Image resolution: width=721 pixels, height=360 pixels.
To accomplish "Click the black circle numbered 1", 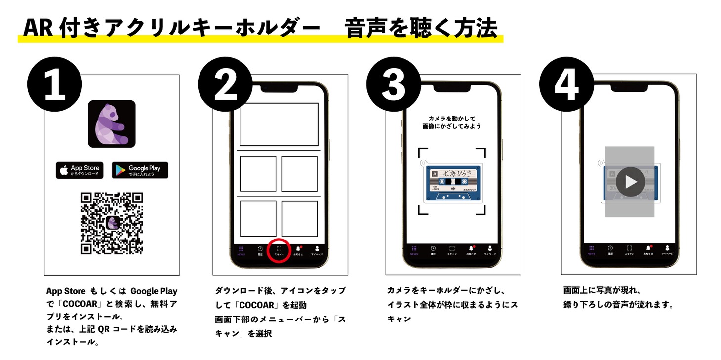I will pos(54,85).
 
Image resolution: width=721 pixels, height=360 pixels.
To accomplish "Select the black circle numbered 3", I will pos(394,85).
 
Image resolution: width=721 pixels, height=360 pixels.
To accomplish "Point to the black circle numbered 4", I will pos(566,85).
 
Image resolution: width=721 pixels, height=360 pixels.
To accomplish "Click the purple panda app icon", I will pos(112,124).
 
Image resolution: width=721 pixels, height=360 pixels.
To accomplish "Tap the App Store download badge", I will pos(80,170).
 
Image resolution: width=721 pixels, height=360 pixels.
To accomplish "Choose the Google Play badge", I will pos(140,170).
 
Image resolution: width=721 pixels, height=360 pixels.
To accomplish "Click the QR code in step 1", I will pos(112,223).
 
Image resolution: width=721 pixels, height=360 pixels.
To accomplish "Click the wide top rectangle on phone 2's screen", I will pos(279,124).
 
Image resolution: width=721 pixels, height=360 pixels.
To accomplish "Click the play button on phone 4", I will pos(630,182).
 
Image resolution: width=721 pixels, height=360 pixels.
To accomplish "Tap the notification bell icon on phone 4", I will pos(647,249).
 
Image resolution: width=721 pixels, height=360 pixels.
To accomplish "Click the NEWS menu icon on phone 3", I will pos(414,249).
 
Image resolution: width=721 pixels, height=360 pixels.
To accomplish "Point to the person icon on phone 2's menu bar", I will pos(317,249).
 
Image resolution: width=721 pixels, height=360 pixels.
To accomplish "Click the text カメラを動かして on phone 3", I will pos(451,119).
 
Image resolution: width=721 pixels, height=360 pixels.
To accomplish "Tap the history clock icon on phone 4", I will pos(610,249).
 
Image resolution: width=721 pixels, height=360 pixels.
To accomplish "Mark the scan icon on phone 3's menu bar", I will pos(452,249).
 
